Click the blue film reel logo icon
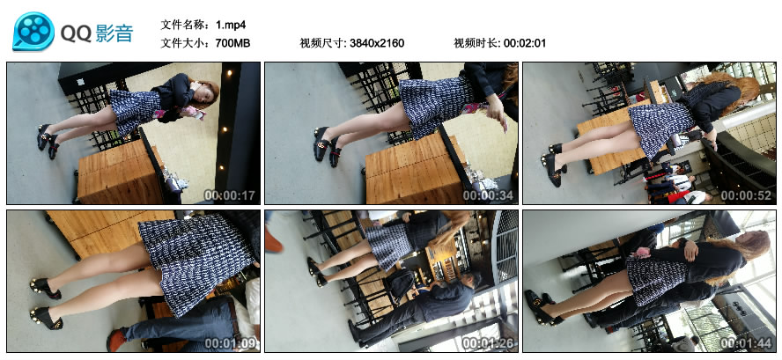click(x=33, y=32)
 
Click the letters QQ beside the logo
click(x=76, y=33)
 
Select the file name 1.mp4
click(x=231, y=25)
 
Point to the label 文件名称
click(x=185, y=25)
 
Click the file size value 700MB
click(x=232, y=43)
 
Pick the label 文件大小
click(x=185, y=43)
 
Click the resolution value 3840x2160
click(x=377, y=43)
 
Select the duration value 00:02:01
click(x=525, y=43)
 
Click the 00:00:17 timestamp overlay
click(x=230, y=196)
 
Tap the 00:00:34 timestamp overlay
click(x=488, y=196)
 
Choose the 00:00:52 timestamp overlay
click(x=746, y=196)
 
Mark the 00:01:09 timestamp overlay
click(x=230, y=343)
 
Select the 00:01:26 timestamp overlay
click(x=488, y=343)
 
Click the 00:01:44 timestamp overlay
click(x=746, y=343)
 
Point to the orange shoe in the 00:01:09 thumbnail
click(x=117, y=340)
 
